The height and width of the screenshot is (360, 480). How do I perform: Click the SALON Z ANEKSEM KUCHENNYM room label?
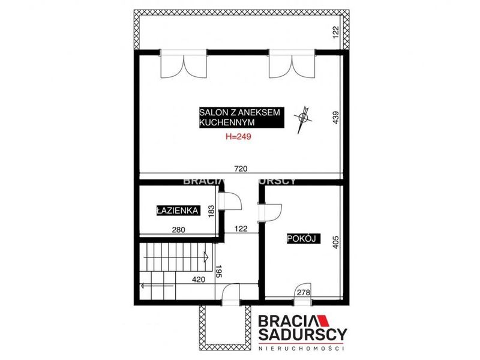click(242, 117)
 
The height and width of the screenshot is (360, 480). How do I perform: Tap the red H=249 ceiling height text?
click(238, 137)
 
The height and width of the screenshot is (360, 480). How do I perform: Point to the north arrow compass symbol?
click(303, 118)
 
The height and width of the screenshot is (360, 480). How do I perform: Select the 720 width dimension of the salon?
click(241, 169)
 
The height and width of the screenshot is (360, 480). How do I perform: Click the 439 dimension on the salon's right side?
click(336, 117)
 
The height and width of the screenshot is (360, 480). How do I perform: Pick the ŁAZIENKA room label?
click(178, 211)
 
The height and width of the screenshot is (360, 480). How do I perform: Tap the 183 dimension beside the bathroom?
click(211, 211)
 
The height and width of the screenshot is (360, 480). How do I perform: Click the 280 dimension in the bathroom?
click(178, 229)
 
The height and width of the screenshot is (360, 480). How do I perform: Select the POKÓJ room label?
click(304, 238)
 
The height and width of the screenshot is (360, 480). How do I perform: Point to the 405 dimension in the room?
click(336, 242)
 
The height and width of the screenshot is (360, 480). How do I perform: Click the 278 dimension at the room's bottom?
click(304, 292)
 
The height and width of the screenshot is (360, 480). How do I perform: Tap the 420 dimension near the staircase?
click(199, 279)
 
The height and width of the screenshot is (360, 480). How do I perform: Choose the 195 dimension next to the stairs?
click(218, 272)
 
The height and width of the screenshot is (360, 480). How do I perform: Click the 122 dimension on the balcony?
click(336, 32)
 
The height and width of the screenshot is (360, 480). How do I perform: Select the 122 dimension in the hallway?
click(241, 229)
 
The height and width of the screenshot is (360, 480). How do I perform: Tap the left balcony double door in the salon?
click(184, 65)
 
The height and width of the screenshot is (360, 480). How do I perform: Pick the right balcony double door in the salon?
click(292, 65)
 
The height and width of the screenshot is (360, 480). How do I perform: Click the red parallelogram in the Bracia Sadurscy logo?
click(322, 320)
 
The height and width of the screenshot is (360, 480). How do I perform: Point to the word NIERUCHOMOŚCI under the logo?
click(302, 349)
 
